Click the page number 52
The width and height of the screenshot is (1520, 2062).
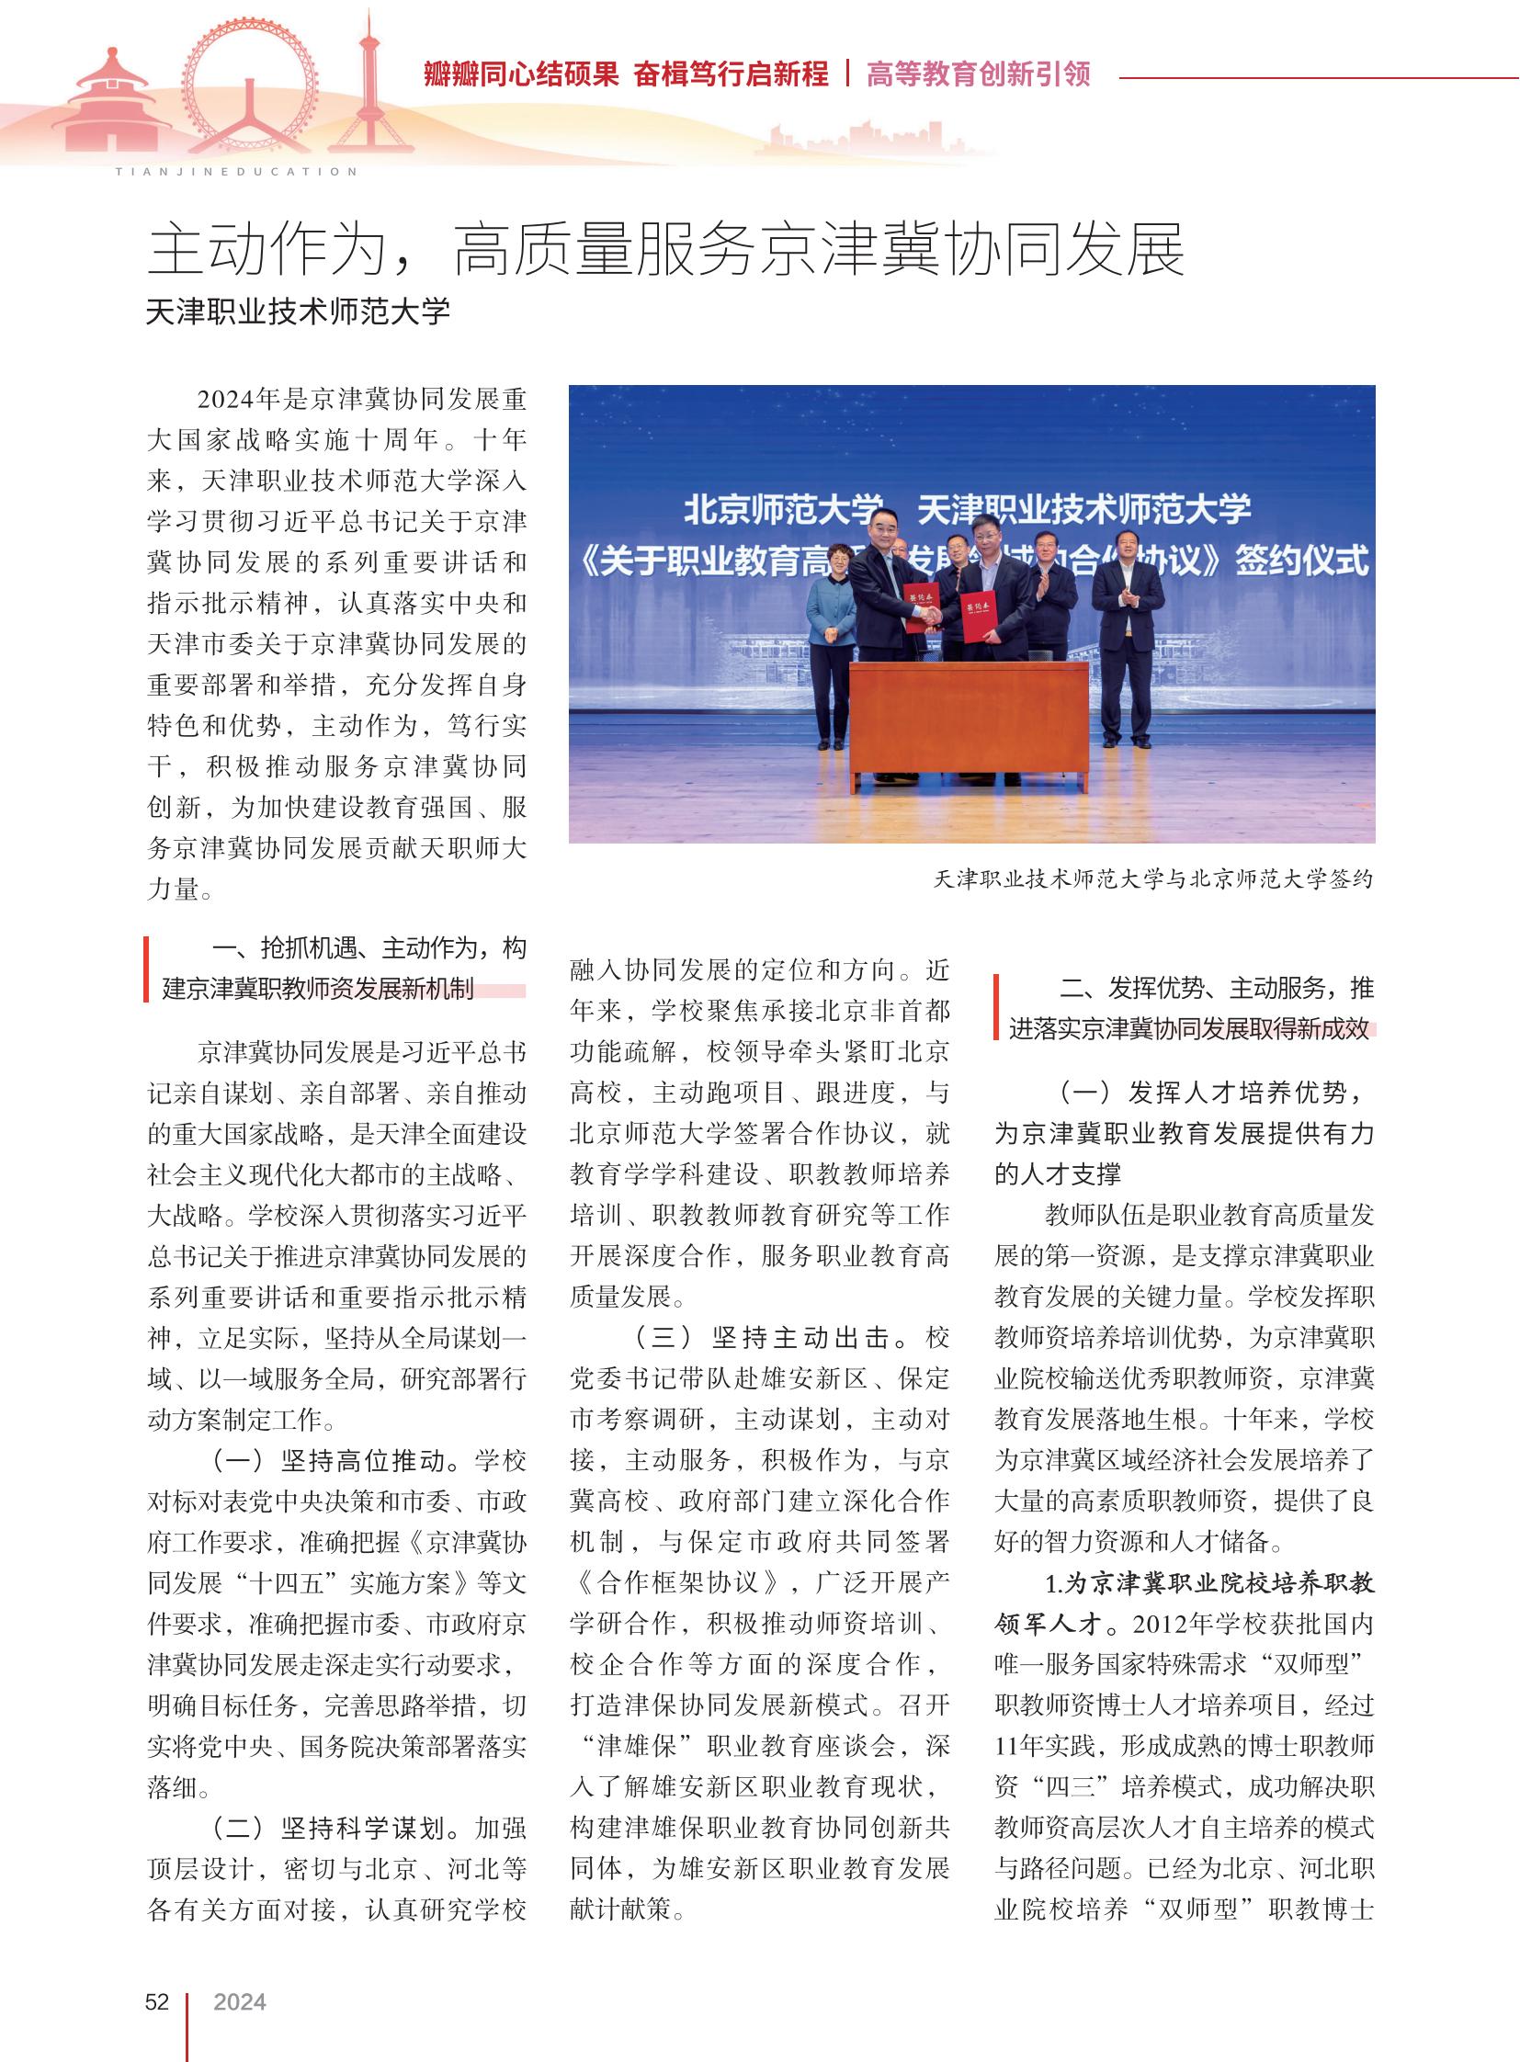click(156, 2001)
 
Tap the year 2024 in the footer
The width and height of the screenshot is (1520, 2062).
click(239, 2001)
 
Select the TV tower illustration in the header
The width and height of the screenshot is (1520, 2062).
click(369, 87)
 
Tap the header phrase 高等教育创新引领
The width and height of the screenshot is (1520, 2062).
click(978, 74)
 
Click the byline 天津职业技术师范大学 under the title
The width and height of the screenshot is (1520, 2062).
click(298, 312)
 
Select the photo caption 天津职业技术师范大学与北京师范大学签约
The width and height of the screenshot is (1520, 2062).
click(1153, 878)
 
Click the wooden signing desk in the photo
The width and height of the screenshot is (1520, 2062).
click(968, 719)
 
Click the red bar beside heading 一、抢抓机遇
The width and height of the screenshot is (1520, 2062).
click(145, 968)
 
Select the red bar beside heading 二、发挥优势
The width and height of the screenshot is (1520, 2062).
click(996, 1006)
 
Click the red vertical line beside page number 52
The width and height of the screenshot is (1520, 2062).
click(187, 2024)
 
